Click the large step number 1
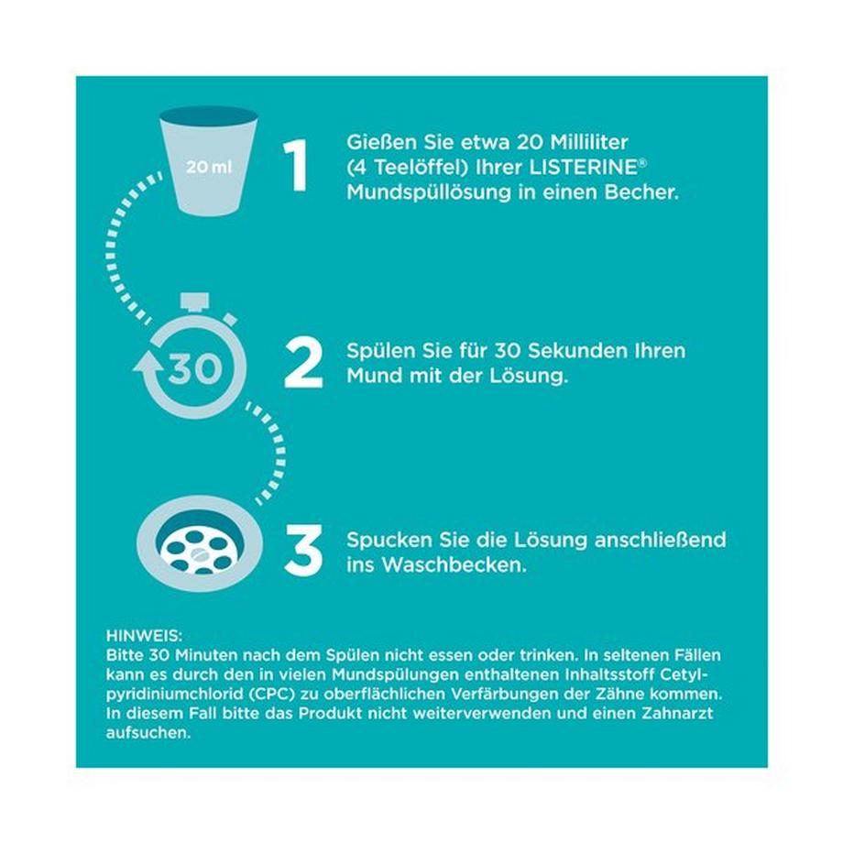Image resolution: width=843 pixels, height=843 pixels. [295, 166]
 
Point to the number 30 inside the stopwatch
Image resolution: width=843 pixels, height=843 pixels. [194, 368]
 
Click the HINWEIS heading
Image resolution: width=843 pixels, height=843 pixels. [144, 635]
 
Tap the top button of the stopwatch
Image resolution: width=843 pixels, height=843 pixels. [193, 300]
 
